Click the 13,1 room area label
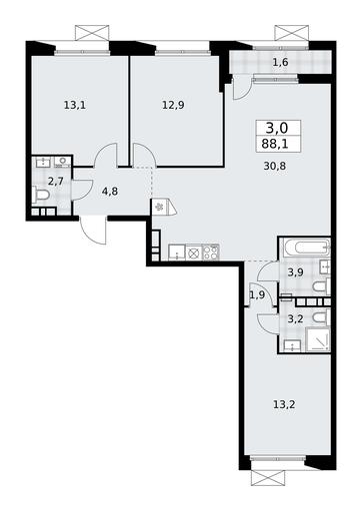75,106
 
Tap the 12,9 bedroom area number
173,105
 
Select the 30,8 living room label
275,166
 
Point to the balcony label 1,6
280,62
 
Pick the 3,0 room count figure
277,127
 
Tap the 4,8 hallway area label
110,192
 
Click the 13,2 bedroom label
284,405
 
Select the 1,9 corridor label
257,294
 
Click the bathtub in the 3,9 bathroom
306,248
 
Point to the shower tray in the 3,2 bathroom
318,339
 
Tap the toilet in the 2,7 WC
41,194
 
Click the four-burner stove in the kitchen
211,253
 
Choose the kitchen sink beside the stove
177,253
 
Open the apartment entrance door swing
93,231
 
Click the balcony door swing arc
242,87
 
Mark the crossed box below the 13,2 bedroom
268,478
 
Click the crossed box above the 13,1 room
92,33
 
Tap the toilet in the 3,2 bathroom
321,317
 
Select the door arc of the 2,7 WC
82,190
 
